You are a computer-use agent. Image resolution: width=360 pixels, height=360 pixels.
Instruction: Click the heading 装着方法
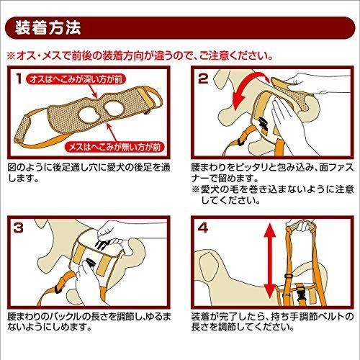[48, 28]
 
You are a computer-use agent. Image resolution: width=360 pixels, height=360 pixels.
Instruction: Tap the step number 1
[19, 78]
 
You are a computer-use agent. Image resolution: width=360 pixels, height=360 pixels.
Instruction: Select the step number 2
[203, 78]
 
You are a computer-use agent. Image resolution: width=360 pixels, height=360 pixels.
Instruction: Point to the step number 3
[19, 228]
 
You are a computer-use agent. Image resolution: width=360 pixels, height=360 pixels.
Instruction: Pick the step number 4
[203, 228]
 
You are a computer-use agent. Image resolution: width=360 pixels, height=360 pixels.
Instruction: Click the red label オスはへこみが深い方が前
[76, 80]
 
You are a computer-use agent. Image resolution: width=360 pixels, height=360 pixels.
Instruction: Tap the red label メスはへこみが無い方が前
[114, 147]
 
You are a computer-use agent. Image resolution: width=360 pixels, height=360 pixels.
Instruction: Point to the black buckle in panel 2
[263, 124]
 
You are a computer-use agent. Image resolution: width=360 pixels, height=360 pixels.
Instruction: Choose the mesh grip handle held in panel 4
[301, 227]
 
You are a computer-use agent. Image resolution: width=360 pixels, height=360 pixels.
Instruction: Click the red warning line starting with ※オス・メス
[140, 56]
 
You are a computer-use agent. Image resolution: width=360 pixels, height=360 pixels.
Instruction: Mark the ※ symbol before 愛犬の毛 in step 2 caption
[195, 189]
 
